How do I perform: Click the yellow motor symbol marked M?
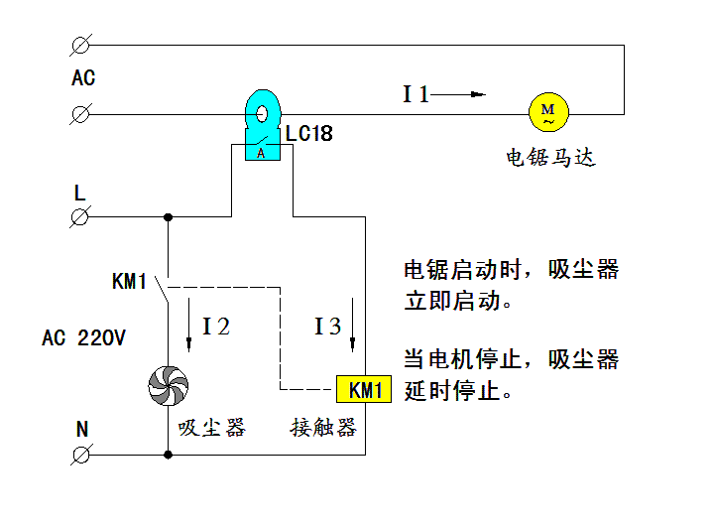coord(547,112)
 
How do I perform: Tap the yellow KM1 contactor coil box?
coord(365,390)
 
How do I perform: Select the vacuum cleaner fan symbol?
coord(167,385)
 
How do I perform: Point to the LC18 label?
coord(308,133)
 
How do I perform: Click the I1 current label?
coord(416,95)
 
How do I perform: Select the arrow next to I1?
coord(460,95)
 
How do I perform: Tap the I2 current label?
coord(216,327)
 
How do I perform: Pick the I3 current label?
coord(327,327)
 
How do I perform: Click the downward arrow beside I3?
coord(352,325)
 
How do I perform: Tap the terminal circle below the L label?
coord(81,216)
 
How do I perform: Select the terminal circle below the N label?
coord(81,455)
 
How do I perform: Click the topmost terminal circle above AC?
coord(81,44)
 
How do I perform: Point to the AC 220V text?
coord(83,338)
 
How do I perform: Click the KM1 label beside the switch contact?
coord(129,283)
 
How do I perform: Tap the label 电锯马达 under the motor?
coord(550,158)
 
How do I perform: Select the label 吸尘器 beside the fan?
coord(211,428)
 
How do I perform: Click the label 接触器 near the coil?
coord(322,428)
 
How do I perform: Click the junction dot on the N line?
coord(168,455)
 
